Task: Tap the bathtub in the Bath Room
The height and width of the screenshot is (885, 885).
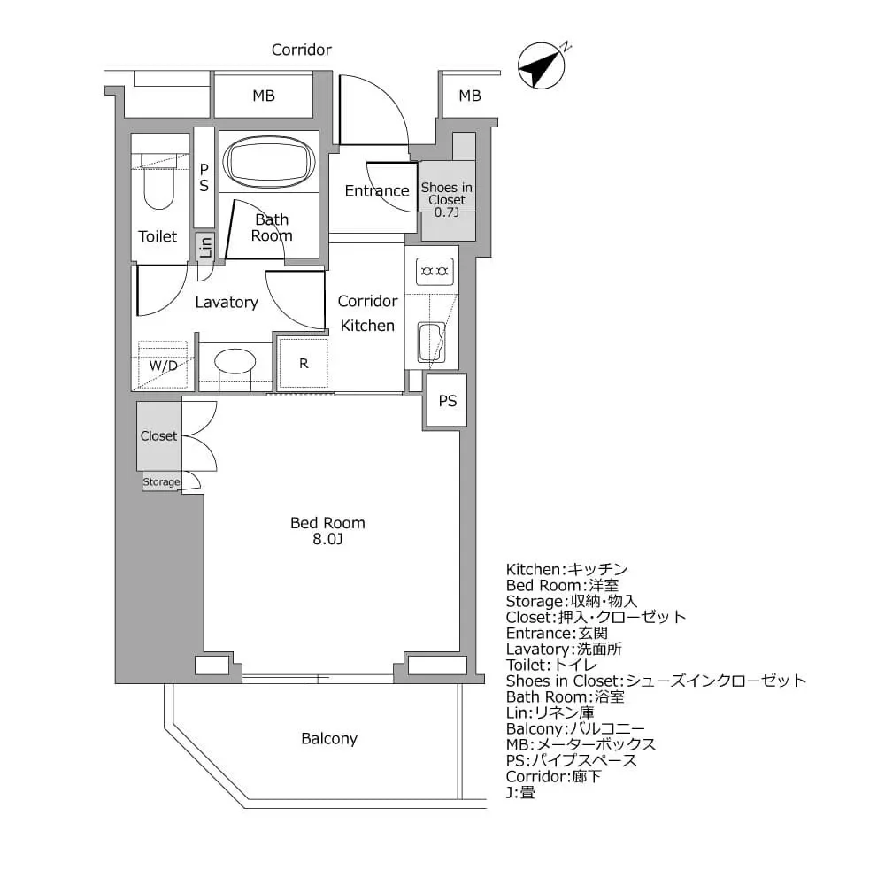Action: (269, 162)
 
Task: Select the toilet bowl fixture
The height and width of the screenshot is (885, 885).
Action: (159, 186)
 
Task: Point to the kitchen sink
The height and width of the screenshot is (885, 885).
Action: (432, 343)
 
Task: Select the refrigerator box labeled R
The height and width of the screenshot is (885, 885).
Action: (304, 363)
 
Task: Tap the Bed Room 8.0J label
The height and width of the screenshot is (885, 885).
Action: (327, 531)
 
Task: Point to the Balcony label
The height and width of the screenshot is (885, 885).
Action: (329, 738)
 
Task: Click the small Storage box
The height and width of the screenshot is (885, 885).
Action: (162, 481)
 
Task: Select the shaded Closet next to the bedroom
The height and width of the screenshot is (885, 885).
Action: (159, 435)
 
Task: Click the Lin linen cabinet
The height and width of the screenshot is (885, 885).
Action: (204, 247)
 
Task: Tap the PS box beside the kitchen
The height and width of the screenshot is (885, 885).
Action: (448, 401)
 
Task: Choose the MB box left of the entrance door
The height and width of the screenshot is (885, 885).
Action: (264, 96)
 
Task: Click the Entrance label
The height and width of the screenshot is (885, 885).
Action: (376, 191)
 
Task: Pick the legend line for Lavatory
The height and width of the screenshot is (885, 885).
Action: (564, 649)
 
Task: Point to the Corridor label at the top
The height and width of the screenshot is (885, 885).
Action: (301, 50)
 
